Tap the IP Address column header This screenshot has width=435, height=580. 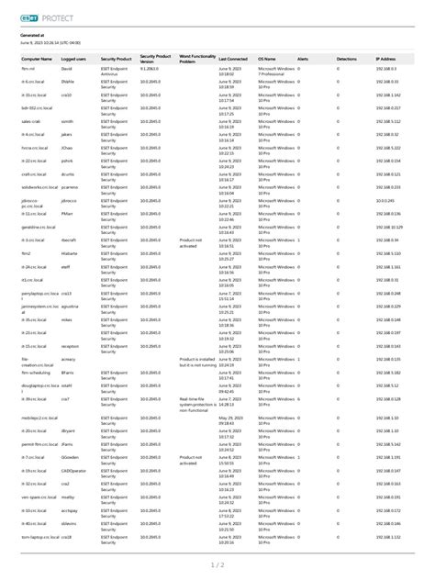point(389,58)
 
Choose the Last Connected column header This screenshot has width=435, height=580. point(234,58)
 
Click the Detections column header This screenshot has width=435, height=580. point(347,58)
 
